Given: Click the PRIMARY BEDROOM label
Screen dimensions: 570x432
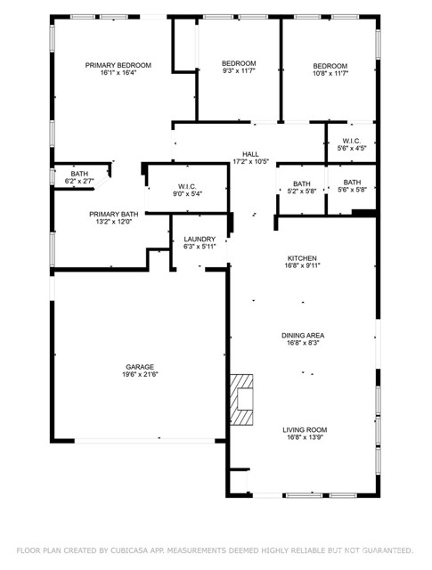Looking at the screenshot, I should [118, 65].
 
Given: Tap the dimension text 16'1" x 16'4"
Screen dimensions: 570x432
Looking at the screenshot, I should [118, 73].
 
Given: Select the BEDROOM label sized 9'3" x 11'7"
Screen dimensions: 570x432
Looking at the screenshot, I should [239, 63].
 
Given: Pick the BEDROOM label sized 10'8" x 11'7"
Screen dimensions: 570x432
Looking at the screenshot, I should [330, 66].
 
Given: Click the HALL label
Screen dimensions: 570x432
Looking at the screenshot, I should [250, 154].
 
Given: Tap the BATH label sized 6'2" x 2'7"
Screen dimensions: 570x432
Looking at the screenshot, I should [80, 174].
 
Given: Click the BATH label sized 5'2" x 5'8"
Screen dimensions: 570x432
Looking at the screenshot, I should [299, 183].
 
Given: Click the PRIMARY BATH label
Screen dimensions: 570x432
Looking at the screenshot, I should [113, 214].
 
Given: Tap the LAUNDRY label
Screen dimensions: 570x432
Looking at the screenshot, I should [200, 240].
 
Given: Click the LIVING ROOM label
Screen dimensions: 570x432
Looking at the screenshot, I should [302, 428].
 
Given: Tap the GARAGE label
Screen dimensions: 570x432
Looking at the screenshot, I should [140, 367].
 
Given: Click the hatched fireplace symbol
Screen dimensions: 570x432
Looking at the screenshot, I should [242, 397].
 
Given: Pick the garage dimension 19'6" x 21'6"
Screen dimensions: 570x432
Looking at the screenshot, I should [140, 375].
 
